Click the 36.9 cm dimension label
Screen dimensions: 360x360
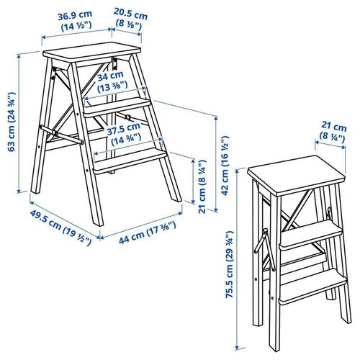click(x=76, y=13)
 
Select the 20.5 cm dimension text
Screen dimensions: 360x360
click(x=130, y=14)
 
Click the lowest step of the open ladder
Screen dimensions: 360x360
click(x=130, y=159)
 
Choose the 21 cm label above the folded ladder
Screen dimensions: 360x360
click(x=333, y=126)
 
